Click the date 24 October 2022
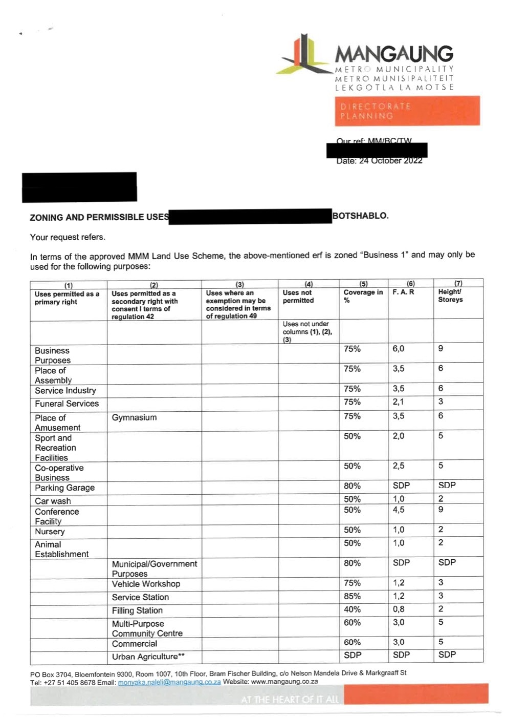(391, 161)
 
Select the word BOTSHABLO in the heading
(360, 216)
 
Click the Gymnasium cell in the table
(134, 417)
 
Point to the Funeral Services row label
(67, 404)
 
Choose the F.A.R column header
(403, 292)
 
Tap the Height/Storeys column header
(450, 296)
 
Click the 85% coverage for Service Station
(352, 596)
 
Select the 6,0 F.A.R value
(398, 349)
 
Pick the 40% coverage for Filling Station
(352, 609)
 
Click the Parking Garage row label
(64, 488)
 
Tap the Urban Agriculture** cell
(148, 657)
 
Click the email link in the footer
(169, 682)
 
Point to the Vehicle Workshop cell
(146, 584)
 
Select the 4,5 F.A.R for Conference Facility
(398, 510)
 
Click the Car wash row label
(53, 501)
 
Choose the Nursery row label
(50, 531)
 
